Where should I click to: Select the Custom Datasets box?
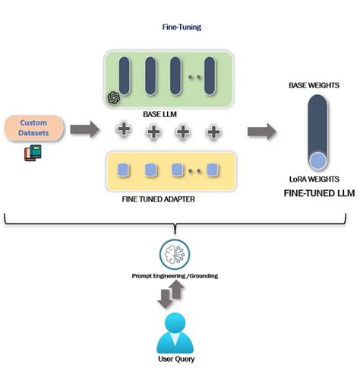pyautogui.click(x=33, y=128)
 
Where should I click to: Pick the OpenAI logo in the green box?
pyautogui.click(x=114, y=97)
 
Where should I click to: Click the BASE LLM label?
pyautogui.click(x=159, y=114)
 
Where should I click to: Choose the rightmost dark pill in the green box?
pyautogui.click(x=208, y=77)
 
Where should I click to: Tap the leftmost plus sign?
pyautogui.click(x=123, y=130)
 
